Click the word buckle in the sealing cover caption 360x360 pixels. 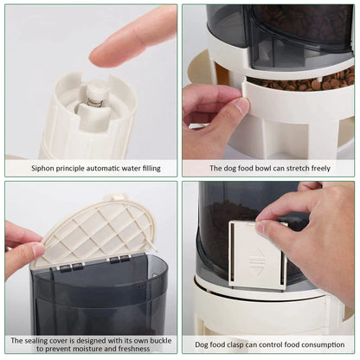coord(159,340)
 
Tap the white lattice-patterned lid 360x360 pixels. coord(98,231)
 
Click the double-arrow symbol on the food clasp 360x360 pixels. coord(256,261)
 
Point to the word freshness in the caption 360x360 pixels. coord(134,349)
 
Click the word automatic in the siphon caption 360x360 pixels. coord(106,168)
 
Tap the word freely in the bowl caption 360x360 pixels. coord(321,169)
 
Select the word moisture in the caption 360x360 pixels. coord(87,349)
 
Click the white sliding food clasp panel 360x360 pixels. coord(257,254)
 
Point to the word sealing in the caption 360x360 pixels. coord(35,341)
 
